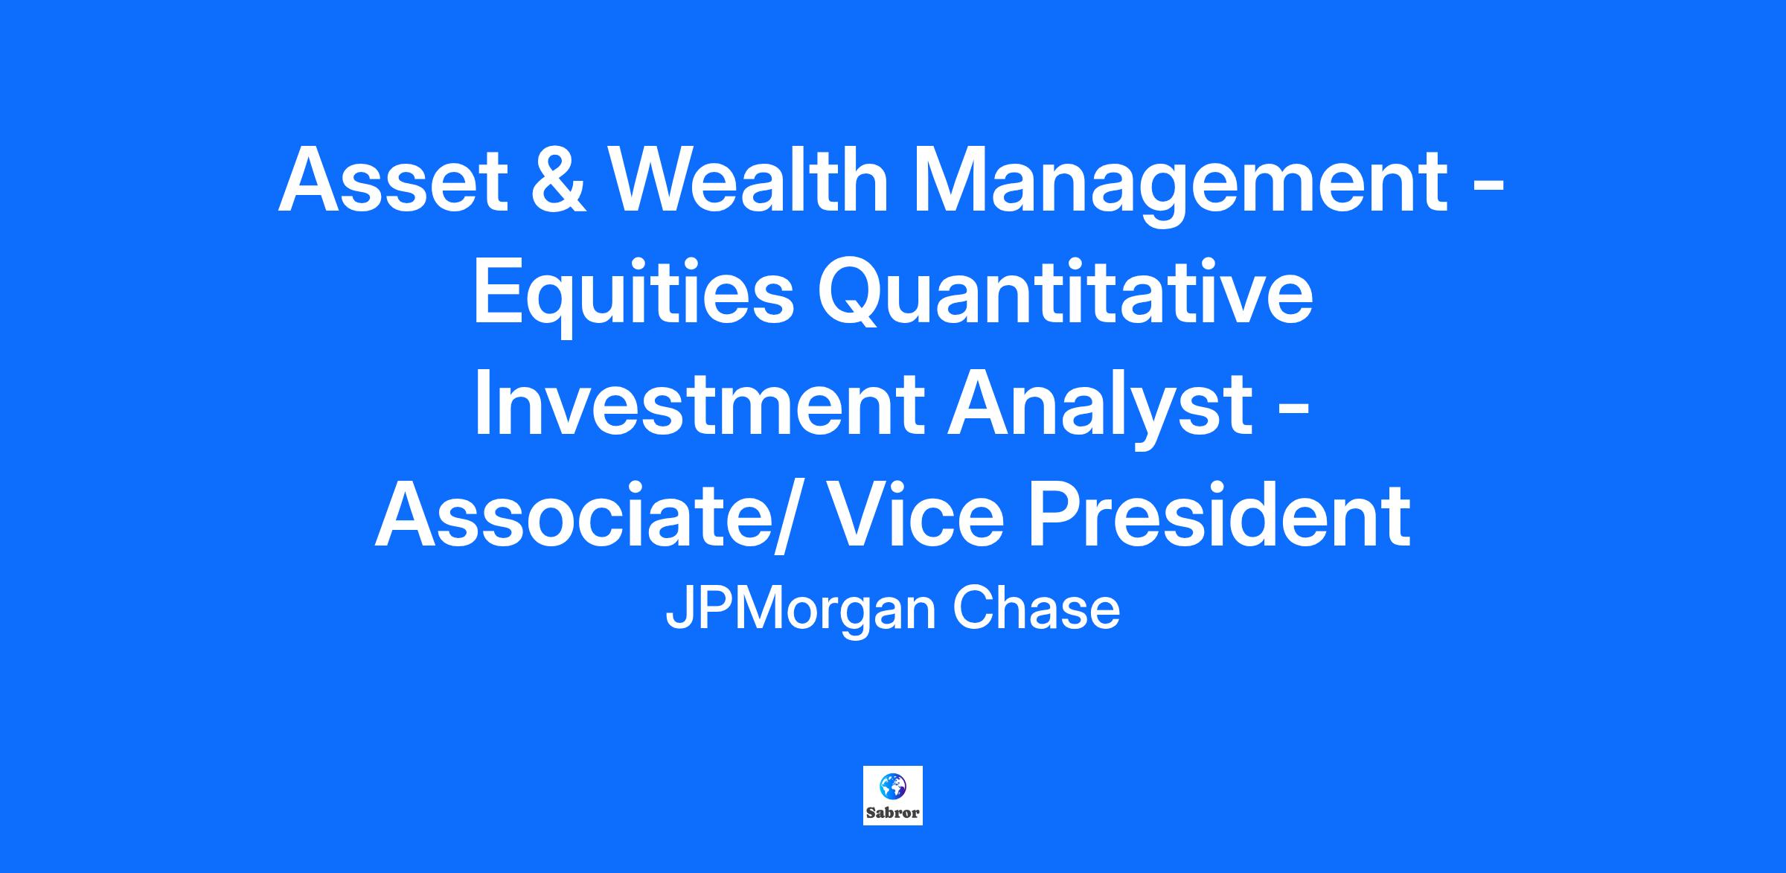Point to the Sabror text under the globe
tap(892, 813)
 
